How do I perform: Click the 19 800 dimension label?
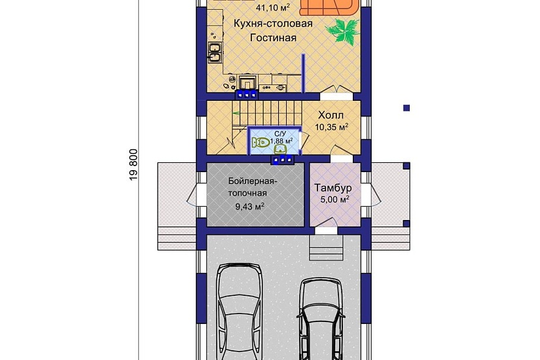coord(134,165)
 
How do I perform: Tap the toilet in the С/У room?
coord(261,142)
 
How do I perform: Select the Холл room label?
coord(331,115)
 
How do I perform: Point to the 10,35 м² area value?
coord(331,127)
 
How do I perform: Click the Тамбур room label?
coord(333,188)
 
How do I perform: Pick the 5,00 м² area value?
coord(334,199)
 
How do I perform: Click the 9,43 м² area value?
coord(249,206)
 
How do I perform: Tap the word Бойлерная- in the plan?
coord(253,181)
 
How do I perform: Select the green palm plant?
coord(342,31)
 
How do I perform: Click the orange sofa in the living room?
coord(329,8)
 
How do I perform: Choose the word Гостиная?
coord(273,37)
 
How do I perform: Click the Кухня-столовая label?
coord(273,24)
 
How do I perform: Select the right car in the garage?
coord(321,319)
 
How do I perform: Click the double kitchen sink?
coord(215,53)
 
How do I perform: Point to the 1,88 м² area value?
coord(281,141)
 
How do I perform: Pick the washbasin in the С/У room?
coord(280,149)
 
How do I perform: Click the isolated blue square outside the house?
coord(406,108)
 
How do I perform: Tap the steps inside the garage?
coord(326,247)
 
